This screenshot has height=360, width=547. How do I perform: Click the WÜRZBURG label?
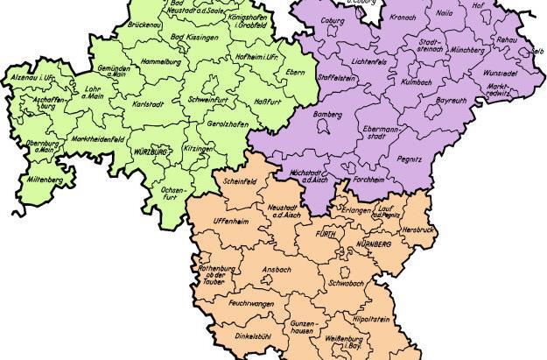151,152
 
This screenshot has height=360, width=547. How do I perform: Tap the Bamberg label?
326,115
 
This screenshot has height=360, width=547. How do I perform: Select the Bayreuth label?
451,102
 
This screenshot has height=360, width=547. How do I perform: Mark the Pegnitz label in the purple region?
409,159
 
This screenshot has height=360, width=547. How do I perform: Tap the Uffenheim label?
232,222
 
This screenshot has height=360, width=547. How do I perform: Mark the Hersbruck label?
418,229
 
